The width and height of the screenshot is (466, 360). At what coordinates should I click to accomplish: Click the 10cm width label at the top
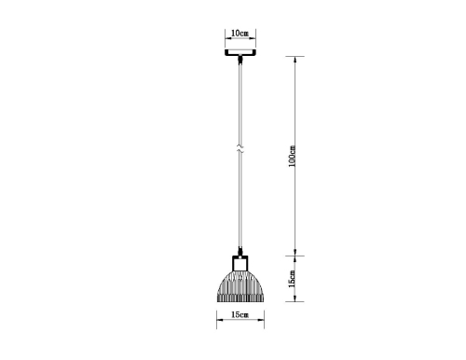239,34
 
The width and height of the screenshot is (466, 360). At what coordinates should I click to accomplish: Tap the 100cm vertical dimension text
292,157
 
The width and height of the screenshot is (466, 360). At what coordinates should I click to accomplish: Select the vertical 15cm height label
292,278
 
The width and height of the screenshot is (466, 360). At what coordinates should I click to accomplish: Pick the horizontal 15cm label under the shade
239,316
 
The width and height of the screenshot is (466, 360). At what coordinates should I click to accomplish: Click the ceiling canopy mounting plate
240,52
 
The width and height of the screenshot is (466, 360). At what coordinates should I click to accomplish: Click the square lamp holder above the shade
240,263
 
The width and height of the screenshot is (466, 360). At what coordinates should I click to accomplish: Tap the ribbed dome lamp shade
240,284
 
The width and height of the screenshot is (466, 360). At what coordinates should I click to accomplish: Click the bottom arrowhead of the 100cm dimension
299,253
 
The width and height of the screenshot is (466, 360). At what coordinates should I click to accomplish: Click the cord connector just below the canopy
240,62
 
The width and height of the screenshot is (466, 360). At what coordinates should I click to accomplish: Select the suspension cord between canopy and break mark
240,103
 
